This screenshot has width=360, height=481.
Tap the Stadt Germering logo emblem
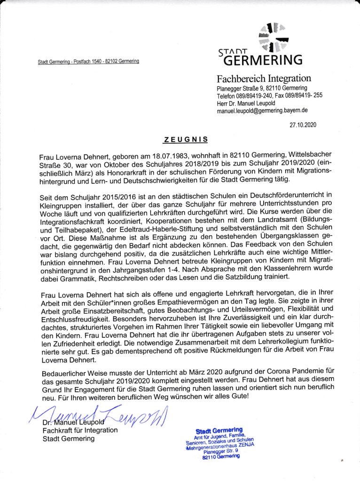click(275, 37)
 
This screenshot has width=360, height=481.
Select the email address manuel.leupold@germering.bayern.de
click(262, 111)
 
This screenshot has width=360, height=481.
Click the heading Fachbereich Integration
click(263, 78)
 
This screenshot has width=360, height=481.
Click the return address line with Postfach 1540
click(88, 62)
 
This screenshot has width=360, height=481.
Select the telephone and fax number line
click(269, 96)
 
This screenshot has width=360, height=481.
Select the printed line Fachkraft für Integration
click(80, 430)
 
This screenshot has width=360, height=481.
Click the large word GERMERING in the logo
click(262, 60)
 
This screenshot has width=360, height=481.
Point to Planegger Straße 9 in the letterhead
click(240, 88)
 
